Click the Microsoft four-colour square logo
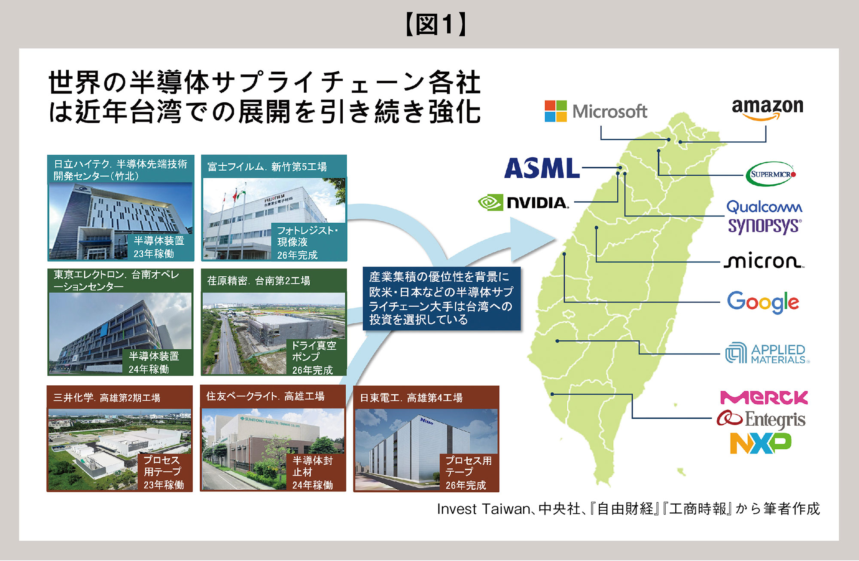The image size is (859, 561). pos(556,111)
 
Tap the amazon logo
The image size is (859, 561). pos(768,109)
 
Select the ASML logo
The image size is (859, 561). pos(542,168)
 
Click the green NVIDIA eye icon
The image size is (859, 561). pos(490,202)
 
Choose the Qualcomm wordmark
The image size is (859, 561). pos(764,207)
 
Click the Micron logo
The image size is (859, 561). pos(764,260)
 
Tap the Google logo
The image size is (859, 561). pos(763,302)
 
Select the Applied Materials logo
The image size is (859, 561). pos(767,354)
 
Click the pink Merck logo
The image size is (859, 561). pos(764,397)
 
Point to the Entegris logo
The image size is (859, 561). pos(761,419)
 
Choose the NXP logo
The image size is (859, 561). pos(761,443)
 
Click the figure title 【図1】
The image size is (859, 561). pos(436,24)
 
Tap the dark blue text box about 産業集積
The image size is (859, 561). pos(442,299)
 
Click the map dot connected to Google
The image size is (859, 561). pos(564,254)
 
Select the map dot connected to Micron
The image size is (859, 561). pos(596,227)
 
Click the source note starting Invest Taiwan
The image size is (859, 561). pos(628,509)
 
